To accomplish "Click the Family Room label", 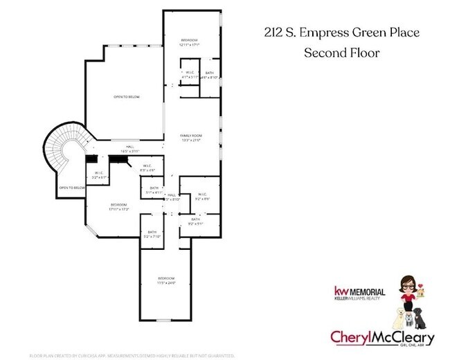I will click(190, 136).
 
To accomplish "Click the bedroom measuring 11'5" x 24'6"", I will click(166, 280).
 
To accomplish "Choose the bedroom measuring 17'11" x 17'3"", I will click(119, 206).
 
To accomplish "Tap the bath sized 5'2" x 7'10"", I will click(150, 234).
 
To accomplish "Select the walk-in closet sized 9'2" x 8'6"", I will click(201, 196).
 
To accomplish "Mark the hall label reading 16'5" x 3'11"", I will click(130, 149).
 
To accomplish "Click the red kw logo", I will click(341, 291).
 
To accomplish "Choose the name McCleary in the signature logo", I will click(399, 338).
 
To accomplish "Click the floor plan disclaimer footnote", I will click(136, 355).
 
